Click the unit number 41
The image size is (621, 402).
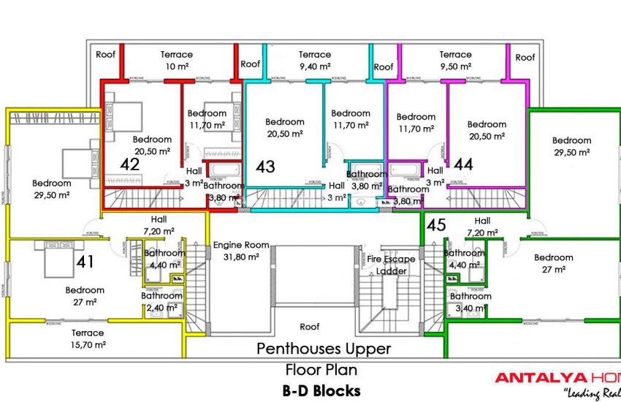86,262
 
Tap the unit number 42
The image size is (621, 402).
130,164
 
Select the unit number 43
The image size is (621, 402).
265,167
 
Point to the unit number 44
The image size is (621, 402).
463,164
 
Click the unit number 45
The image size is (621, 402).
436,224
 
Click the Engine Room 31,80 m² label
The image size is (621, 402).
241,251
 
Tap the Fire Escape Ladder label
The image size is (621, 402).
391,265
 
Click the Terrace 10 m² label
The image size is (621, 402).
177,61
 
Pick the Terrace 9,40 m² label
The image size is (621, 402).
315,61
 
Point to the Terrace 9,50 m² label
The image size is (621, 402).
455,61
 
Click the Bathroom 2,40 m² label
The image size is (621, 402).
161,302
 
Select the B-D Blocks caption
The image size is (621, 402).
321,391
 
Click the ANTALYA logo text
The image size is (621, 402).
541,378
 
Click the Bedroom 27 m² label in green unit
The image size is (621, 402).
553,263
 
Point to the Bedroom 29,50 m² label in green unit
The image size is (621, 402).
571,146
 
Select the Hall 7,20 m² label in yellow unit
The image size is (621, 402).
159,224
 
